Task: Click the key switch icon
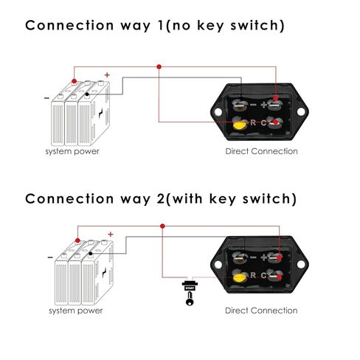(190, 293)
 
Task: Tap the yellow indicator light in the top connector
(239, 125)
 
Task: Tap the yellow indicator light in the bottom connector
(239, 278)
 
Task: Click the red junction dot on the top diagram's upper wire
(159, 66)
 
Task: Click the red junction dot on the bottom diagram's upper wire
(162, 226)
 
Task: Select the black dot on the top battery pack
(87, 94)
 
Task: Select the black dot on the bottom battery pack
(91, 254)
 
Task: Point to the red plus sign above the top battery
(107, 75)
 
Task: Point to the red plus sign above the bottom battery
(111, 234)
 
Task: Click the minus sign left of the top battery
(46, 98)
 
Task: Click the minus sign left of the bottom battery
(50, 257)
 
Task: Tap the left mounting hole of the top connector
(218, 112)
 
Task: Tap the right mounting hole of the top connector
(301, 111)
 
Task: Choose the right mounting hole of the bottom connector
(301, 264)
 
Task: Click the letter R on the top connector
(253, 122)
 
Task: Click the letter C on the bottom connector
(263, 275)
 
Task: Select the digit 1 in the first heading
(161, 25)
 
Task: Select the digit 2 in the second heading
(161, 198)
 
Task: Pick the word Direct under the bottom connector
(237, 311)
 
